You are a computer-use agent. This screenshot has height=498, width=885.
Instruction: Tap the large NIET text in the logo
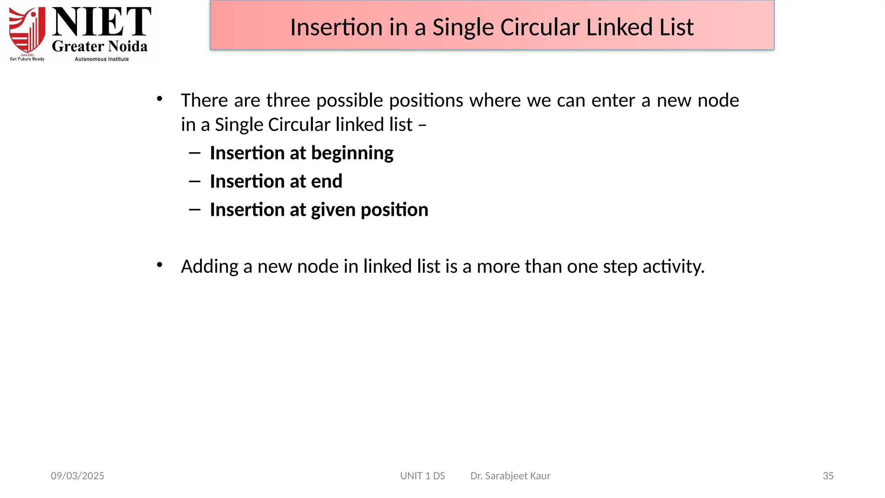point(102,22)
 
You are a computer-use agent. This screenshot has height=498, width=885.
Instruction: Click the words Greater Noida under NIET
point(100,46)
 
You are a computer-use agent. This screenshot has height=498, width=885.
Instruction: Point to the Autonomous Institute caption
point(102,59)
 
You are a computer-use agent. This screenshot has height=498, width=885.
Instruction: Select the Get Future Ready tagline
point(27,59)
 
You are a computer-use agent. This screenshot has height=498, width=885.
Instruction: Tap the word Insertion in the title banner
point(336,27)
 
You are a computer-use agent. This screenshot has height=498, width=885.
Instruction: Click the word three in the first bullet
point(287,100)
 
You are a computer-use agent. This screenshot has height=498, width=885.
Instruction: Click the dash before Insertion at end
point(194,181)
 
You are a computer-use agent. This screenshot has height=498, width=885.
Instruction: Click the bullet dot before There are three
point(159,99)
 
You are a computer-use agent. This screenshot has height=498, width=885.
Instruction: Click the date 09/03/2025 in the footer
point(77,476)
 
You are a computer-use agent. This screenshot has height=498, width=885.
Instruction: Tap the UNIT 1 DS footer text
point(422,476)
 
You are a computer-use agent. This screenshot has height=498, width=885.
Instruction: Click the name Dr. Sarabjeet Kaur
point(510,476)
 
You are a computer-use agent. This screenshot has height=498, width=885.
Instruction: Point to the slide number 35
point(828,476)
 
